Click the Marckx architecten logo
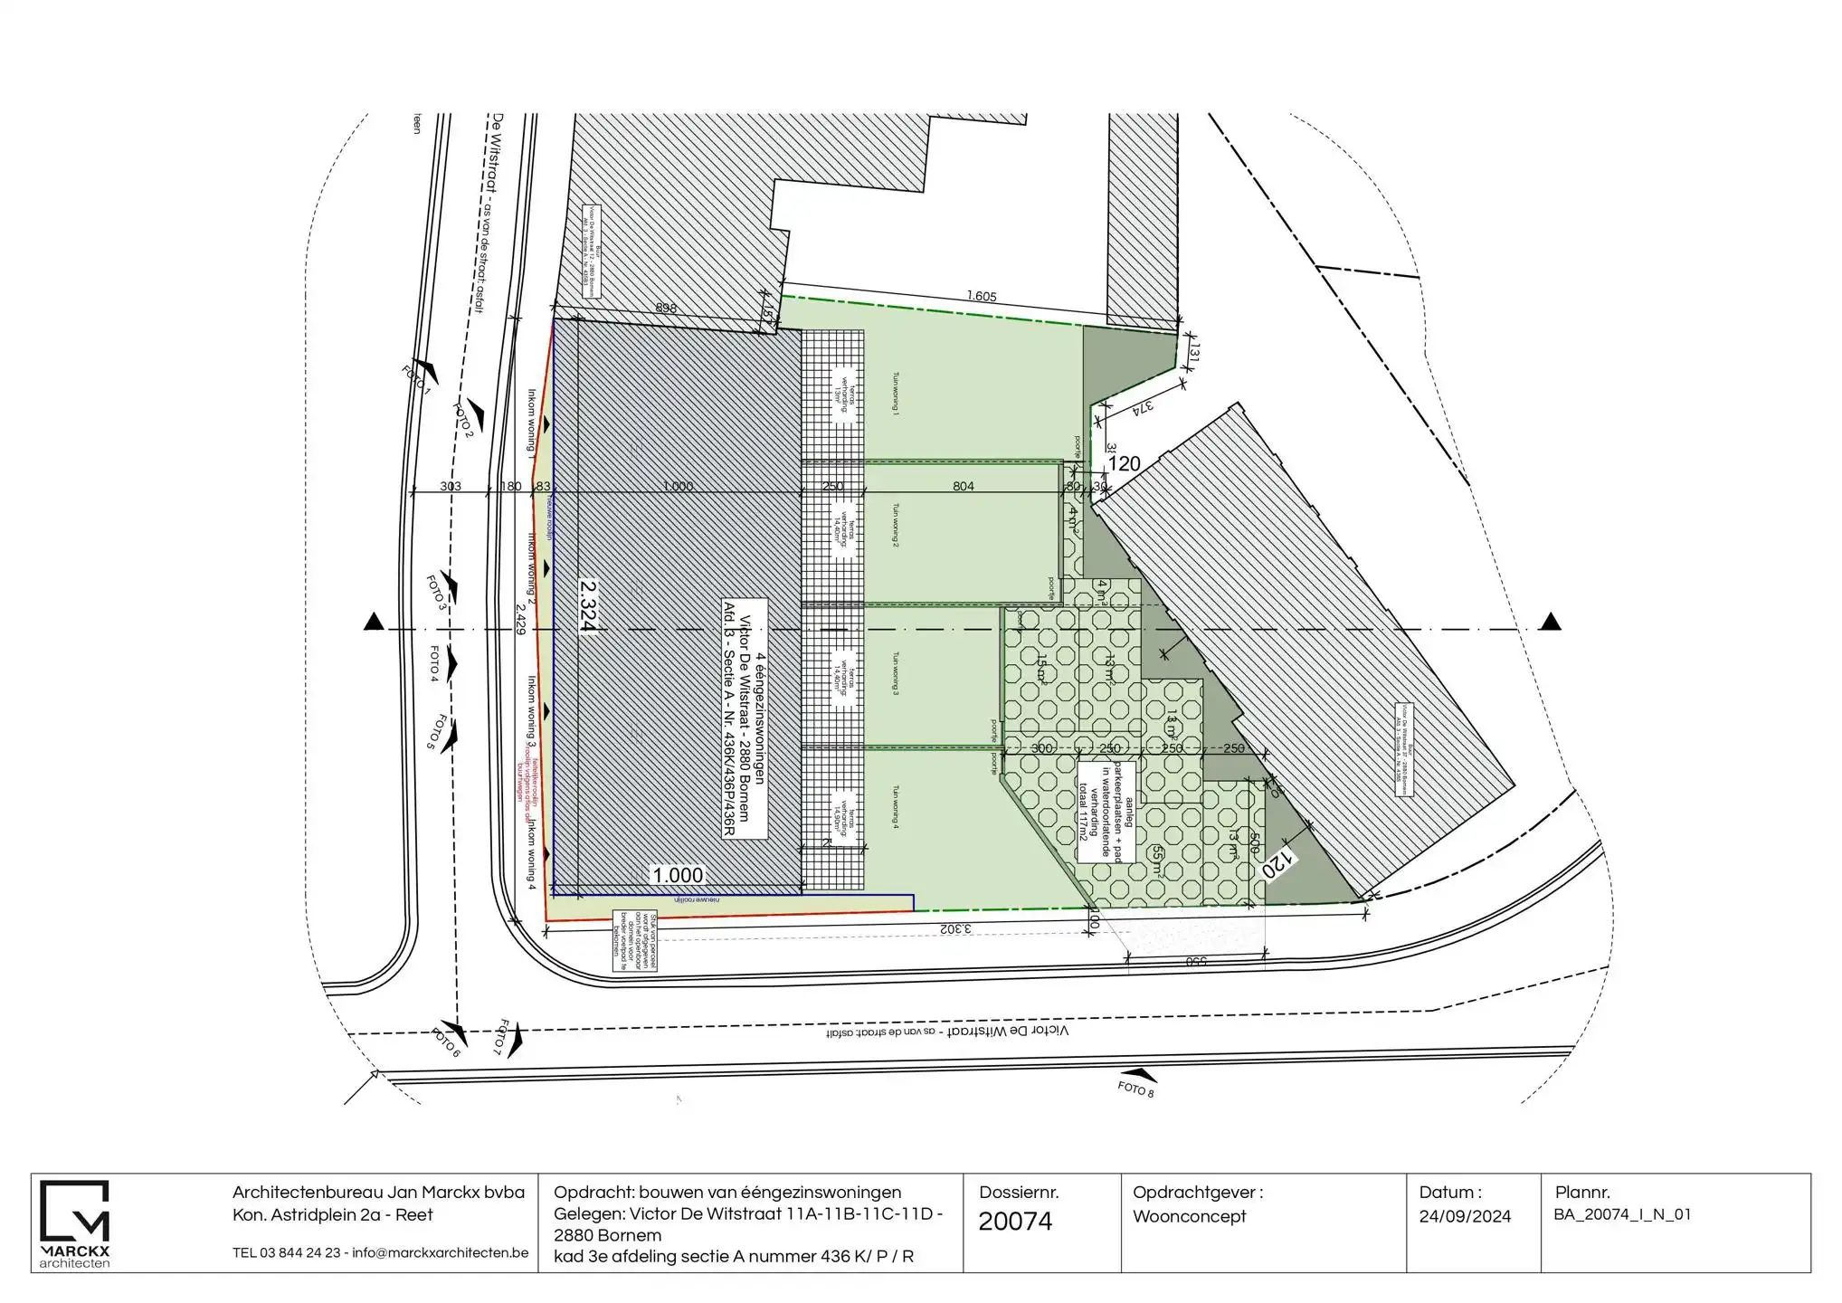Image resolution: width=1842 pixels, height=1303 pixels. [75, 1222]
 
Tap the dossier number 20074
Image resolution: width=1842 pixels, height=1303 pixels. [1015, 1222]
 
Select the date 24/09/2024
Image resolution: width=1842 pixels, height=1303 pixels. [1465, 1217]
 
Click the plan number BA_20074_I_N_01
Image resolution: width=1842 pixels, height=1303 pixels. [1622, 1215]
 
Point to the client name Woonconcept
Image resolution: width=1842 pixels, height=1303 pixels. [1189, 1217]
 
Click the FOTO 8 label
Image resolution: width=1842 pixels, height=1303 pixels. [1135, 1089]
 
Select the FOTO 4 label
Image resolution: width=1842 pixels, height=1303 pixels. [435, 664]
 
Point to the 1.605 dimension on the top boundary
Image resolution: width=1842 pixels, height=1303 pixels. [981, 296]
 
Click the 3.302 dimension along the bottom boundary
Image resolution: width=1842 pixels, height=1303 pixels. [954, 928]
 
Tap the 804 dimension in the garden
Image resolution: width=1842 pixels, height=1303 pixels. [963, 487]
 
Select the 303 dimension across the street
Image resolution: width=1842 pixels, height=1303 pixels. [450, 487]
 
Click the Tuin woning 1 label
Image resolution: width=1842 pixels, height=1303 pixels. [896, 394]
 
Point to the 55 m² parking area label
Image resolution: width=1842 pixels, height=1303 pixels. [1158, 861]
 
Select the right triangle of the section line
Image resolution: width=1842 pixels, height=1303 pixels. [1551, 622]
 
